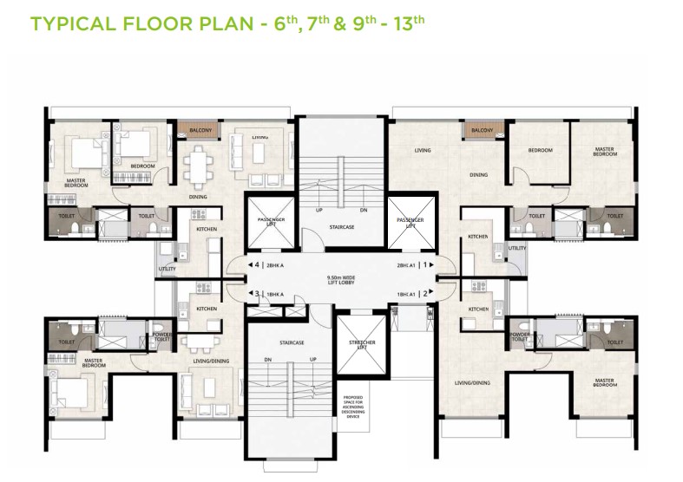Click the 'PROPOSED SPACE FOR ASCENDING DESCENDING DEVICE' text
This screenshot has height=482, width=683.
point(353,407)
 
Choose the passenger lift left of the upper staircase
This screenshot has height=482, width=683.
point(266,224)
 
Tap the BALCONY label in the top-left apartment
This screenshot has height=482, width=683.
point(201,130)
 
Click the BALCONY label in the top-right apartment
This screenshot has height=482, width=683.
point(483,130)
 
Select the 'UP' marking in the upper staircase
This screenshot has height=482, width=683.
point(320,211)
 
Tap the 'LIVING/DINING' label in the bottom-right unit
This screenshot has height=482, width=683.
point(473,381)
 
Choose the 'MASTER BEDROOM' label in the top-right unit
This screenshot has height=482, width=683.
point(605,152)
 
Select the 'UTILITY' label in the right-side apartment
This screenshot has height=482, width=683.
point(517,248)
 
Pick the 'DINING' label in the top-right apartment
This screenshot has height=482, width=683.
point(478,175)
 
